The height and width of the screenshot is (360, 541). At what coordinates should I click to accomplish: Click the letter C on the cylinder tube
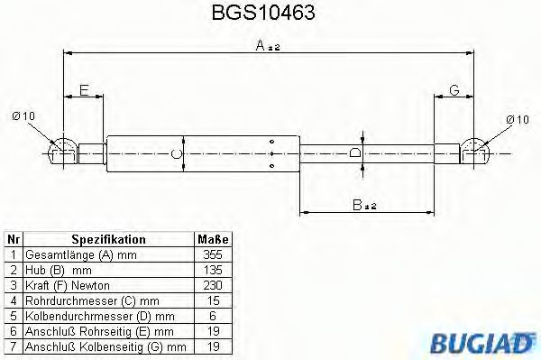click(178, 154)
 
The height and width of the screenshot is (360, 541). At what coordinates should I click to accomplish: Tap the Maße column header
click(213, 240)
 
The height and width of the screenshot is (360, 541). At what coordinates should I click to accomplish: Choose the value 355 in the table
click(213, 255)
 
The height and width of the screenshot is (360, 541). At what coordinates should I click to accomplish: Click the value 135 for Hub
click(213, 270)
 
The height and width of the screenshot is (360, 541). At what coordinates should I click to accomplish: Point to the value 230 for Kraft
click(213, 285)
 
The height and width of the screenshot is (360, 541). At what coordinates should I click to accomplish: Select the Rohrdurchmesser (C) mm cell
click(92, 300)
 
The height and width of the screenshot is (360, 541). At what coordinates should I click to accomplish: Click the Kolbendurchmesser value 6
click(213, 316)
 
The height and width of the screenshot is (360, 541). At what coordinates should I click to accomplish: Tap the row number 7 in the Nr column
click(14, 346)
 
